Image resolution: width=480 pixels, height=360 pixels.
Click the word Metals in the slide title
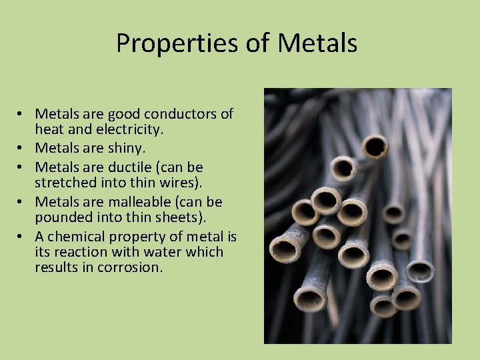point(317,43)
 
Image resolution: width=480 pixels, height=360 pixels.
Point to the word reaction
point(76,252)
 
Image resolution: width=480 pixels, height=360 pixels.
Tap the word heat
point(48,129)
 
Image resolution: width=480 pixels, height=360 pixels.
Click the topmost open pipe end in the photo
point(375,145)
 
